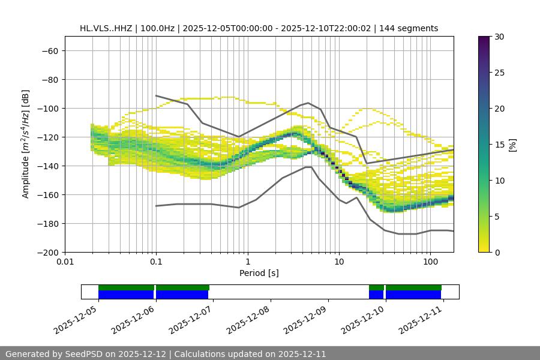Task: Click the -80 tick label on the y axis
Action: coord(49,80)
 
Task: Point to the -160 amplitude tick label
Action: coord(47,195)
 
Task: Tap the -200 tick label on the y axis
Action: coord(47,253)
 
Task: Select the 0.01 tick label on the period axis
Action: coord(65,262)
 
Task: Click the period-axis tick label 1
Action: coord(247,262)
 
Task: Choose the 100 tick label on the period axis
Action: coord(430,262)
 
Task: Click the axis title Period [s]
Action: coord(259,273)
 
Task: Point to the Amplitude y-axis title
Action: coord(25,144)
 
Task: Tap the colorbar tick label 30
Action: coord(499,37)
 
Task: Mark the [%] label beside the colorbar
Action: coord(512,145)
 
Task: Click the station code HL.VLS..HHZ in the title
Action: coord(107,28)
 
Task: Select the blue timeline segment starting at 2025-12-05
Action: coord(126,295)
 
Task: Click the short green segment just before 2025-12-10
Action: coord(376,287)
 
